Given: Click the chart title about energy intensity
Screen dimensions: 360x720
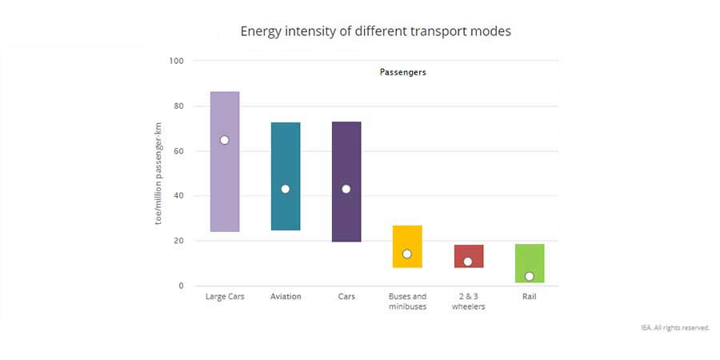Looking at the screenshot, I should point(375,31).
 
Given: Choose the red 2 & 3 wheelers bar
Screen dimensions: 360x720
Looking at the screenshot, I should point(468,251).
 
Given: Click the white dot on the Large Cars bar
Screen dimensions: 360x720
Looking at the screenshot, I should point(225,140).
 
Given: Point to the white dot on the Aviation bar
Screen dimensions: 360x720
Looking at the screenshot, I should point(286,189).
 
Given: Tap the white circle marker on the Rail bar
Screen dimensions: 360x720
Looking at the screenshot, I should point(529,276).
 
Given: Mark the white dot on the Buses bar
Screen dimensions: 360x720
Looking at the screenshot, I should point(407,254).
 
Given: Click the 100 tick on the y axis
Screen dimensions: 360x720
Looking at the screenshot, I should point(177,61).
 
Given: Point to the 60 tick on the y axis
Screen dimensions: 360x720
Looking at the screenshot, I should point(178,151).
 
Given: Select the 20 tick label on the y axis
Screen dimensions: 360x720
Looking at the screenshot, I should point(178,241).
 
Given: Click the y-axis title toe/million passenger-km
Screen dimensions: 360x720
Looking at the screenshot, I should point(158,173).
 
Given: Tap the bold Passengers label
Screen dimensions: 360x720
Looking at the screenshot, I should point(402,72).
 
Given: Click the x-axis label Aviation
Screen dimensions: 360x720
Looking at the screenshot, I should point(286,297).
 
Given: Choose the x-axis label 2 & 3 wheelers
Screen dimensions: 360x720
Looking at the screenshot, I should point(468,302).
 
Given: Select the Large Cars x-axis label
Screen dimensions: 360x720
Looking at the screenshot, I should point(225,297).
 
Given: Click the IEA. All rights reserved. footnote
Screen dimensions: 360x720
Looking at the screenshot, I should point(674,328).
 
